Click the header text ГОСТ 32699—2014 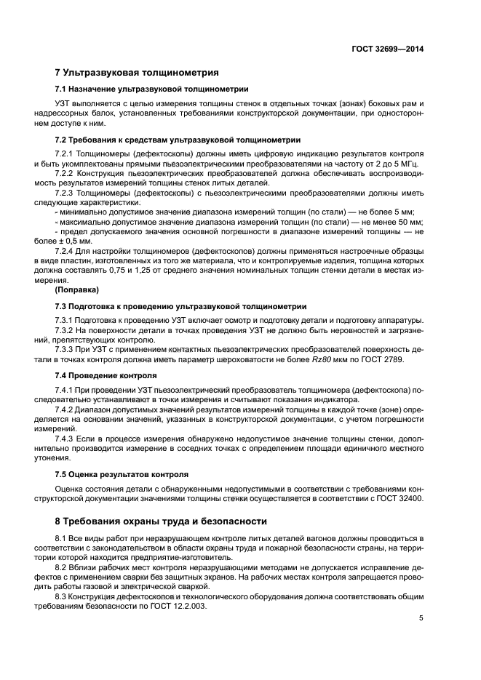pyautogui.click(x=389, y=49)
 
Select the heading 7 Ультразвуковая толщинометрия pyautogui.click(x=137, y=73)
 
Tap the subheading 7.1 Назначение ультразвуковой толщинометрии pyautogui.click(x=151, y=89)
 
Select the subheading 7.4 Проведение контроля pyautogui.click(x=106, y=376)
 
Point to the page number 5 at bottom pyautogui.click(x=421, y=618)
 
